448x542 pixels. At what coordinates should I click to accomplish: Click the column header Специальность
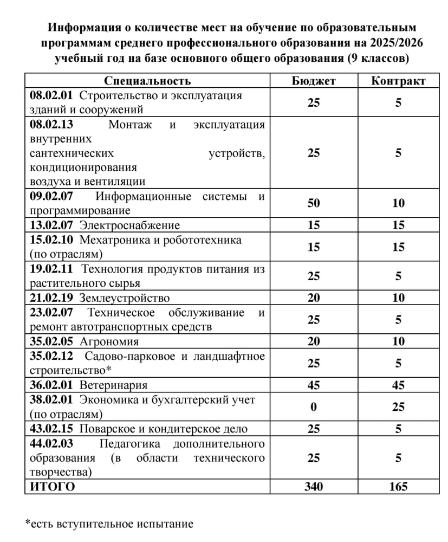[x=147, y=81]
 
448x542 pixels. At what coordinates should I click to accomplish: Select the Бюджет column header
[x=314, y=81]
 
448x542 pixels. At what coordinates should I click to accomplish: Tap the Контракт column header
[x=398, y=81]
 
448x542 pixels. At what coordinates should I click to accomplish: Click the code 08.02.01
[x=51, y=95]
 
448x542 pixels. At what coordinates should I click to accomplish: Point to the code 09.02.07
[x=51, y=196]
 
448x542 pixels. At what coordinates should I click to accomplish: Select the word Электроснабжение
[x=129, y=225]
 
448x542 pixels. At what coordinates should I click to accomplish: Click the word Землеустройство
[x=124, y=298]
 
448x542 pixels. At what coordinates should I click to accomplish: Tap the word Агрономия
[x=109, y=341]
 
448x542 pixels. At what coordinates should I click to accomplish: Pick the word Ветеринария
[x=113, y=385]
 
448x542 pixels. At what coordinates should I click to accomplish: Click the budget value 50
[x=314, y=203]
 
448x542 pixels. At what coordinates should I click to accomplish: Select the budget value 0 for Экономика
[x=314, y=407]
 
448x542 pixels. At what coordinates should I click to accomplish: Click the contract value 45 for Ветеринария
[x=398, y=385]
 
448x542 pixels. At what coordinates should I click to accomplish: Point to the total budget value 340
[x=314, y=487]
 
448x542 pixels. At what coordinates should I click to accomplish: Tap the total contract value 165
[x=398, y=487]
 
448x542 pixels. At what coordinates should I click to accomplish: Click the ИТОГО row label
[x=52, y=487]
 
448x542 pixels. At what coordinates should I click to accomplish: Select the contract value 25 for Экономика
[x=398, y=407]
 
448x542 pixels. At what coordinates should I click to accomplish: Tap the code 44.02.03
[x=51, y=444]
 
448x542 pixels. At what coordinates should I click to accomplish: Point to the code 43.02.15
[x=51, y=429]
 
